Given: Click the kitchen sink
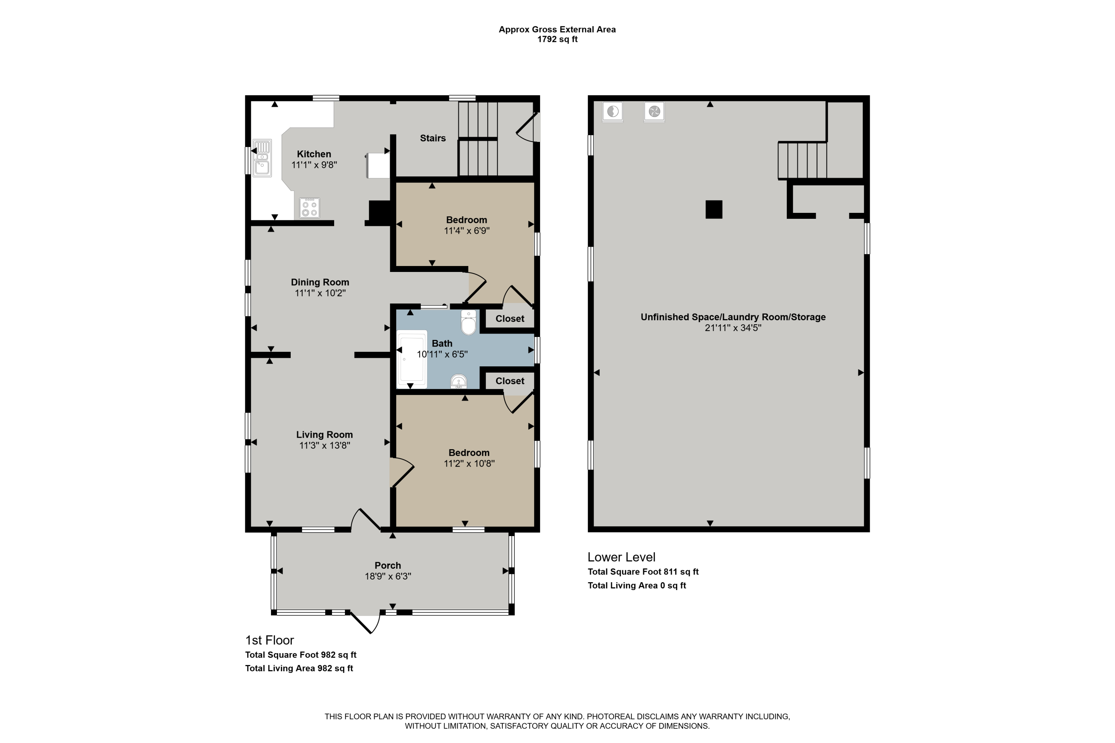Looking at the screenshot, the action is pyautogui.click(x=262, y=158).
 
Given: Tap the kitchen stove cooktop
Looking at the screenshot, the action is pyautogui.click(x=310, y=208).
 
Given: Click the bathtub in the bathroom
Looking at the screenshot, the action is pyautogui.click(x=412, y=359).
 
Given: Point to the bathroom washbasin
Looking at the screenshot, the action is pyautogui.click(x=458, y=382).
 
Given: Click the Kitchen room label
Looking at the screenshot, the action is pyautogui.click(x=314, y=154).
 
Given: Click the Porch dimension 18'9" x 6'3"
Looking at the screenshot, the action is pyautogui.click(x=388, y=577).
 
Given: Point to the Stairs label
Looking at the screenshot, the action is pyautogui.click(x=433, y=138).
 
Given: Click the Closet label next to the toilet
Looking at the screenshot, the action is pyautogui.click(x=510, y=319).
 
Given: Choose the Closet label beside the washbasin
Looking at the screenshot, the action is pyautogui.click(x=510, y=381).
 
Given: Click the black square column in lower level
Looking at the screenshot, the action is pyautogui.click(x=714, y=210).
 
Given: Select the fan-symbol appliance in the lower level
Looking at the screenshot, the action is pyautogui.click(x=654, y=112).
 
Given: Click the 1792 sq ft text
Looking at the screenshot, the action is pyautogui.click(x=557, y=39).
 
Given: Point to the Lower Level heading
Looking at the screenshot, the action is pyautogui.click(x=621, y=557).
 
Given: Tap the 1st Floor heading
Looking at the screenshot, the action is pyautogui.click(x=269, y=640).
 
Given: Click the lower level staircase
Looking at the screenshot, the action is pyautogui.click(x=802, y=160).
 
